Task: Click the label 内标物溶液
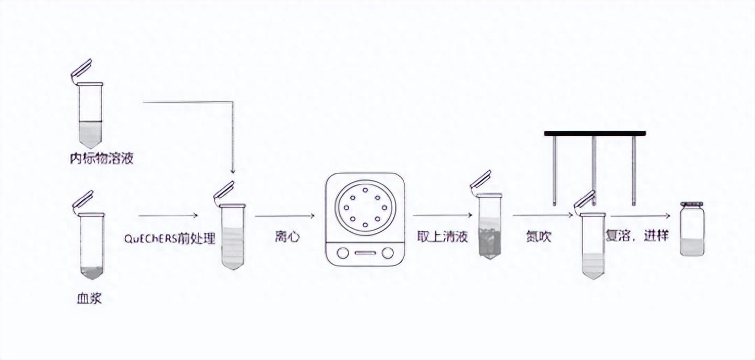click(101, 159)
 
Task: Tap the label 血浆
click(89, 298)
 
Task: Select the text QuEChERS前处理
click(170, 238)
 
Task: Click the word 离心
click(286, 237)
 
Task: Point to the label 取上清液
click(442, 237)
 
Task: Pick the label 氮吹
click(539, 237)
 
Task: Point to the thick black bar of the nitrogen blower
click(595, 133)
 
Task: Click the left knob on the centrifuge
click(343, 253)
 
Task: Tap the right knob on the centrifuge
click(387, 253)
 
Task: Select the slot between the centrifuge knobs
click(365, 253)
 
